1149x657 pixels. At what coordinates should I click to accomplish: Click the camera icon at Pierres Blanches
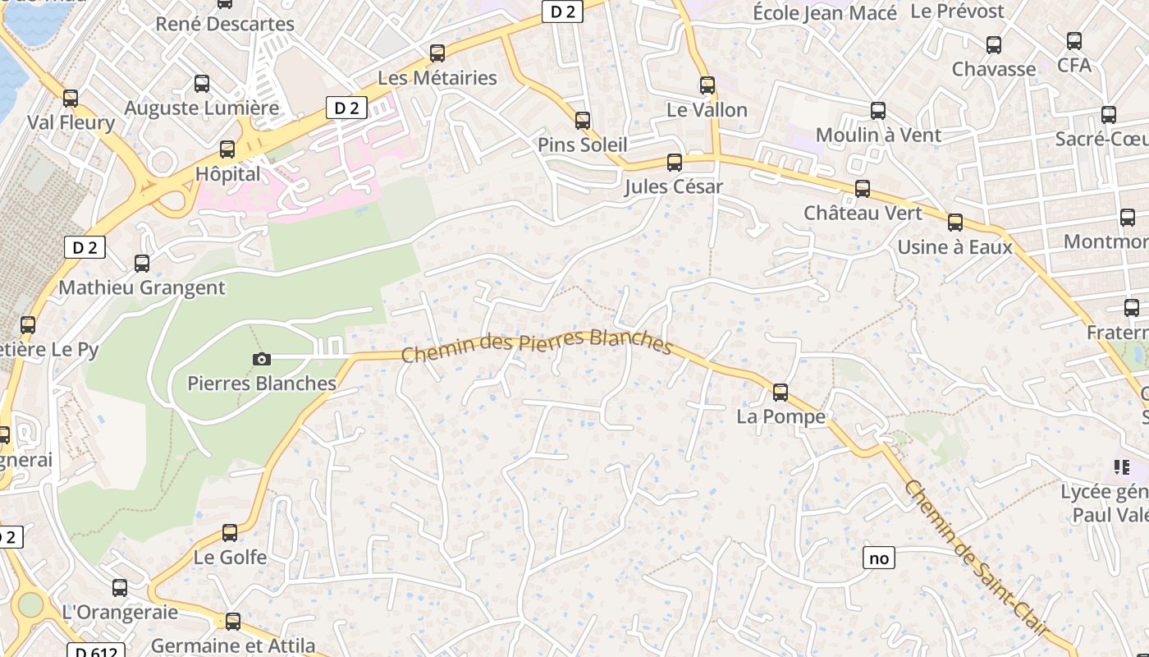pyautogui.click(x=262, y=359)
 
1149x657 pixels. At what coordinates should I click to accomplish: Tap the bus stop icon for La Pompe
pyautogui.click(x=780, y=393)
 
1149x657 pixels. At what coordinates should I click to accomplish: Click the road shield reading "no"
pyautogui.click(x=878, y=558)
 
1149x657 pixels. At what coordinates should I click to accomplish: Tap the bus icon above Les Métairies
pyautogui.click(x=437, y=53)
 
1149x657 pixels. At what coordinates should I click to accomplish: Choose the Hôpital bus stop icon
pyautogui.click(x=227, y=149)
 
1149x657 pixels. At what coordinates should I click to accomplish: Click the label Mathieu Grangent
pyautogui.click(x=141, y=287)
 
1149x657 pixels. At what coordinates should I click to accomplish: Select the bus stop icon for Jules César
pyautogui.click(x=675, y=163)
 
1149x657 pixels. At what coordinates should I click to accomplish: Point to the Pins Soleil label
pyautogui.click(x=582, y=145)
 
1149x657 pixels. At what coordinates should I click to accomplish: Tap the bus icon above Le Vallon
pyautogui.click(x=707, y=85)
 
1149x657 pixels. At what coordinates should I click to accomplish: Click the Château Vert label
pyautogui.click(x=863, y=213)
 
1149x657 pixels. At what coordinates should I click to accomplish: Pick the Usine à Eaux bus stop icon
pyautogui.click(x=954, y=223)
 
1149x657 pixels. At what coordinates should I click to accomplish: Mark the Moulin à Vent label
pyautogui.click(x=878, y=135)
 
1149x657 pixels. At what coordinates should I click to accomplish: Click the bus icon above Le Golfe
pyautogui.click(x=230, y=533)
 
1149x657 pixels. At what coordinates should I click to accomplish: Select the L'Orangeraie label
pyautogui.click(x=120, y=612)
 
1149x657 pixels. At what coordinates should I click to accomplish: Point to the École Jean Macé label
pyautogui.click(x=824, y=13)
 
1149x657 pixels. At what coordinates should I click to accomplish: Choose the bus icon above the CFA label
pyautogui.click(x=1073, y=41)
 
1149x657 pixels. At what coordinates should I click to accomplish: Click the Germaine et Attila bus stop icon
pyautogui.click(x=233, y=622)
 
